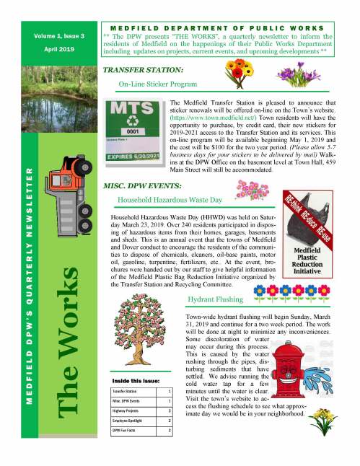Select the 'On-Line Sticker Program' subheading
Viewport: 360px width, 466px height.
pos(157,84)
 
